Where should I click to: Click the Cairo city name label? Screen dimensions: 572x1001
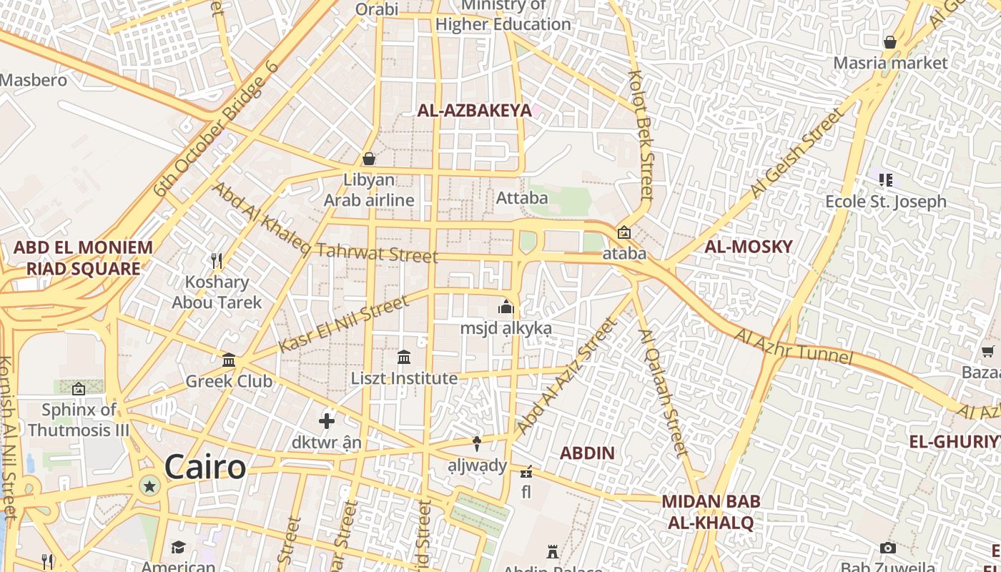[x=205, y=468]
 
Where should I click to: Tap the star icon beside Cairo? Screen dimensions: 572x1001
[x=149, y=487]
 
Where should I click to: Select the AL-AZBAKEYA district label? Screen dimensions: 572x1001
[x=475, y=110]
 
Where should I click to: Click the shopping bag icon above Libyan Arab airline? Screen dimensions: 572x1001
[x=369, y=158]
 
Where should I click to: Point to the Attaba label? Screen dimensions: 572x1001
[x=522, y=197]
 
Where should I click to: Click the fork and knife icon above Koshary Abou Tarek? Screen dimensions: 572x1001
[x=217, y=260]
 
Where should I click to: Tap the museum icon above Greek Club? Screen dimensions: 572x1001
[x=229, y=360]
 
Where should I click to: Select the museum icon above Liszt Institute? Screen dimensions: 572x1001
[x=403, y=357]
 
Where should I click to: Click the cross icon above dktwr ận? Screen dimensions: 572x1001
[x=327, y=420]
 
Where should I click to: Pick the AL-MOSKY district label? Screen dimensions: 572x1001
[x=749, y=247]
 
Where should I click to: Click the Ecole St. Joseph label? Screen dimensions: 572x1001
[x=885, y=202]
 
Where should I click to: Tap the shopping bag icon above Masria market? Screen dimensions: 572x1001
[x=890, y=42]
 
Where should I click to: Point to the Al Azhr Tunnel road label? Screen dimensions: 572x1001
[x=794, y=345]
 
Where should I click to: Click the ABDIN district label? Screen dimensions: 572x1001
[x=587, y=453]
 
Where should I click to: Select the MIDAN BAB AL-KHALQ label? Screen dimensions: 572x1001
[x=711, y=512]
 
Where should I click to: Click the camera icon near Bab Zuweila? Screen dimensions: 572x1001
[x=888, y=548]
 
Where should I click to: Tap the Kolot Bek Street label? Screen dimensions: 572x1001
[x=641, y=134]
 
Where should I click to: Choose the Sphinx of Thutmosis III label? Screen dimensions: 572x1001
[x=79, y=420]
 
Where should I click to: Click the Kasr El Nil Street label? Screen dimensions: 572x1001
[x=344, y=324]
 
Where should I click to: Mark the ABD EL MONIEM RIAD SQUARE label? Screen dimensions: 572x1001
[x=83, y=258]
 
